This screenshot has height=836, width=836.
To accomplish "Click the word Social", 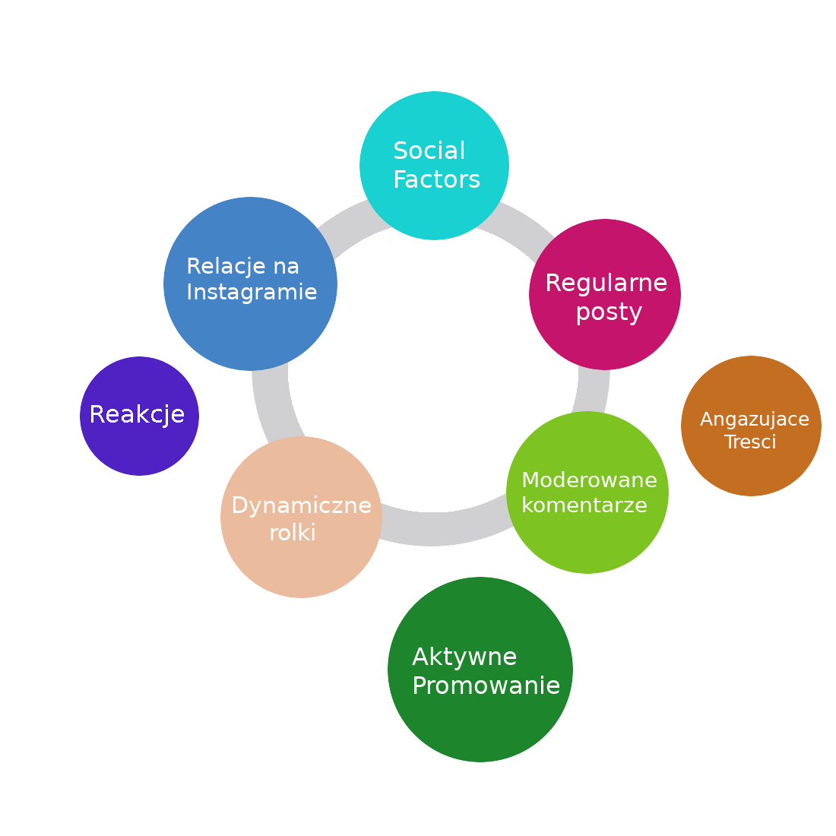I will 429,151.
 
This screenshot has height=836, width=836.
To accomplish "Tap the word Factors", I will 436,180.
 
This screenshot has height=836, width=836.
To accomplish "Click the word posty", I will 609,312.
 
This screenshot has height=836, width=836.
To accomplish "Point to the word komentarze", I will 584,505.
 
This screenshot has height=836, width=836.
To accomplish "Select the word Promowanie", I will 486,686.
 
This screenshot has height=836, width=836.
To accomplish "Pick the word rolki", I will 293,533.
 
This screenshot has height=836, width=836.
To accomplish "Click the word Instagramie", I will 252,292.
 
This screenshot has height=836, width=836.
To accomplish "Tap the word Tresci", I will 750,442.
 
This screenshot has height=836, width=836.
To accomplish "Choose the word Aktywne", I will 464,657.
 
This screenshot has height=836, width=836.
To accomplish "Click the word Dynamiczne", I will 301,505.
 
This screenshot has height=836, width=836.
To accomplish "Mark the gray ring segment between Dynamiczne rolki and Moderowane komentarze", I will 441,529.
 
